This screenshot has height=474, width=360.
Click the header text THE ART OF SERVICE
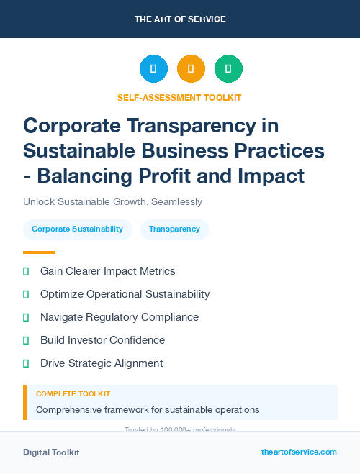pos(180,19)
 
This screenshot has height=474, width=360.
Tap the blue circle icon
pos(153,69)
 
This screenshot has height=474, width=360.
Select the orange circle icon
pos(191,69)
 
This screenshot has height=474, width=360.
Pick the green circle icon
pos(228,69)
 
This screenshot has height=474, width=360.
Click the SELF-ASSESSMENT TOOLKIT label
pos(179,97)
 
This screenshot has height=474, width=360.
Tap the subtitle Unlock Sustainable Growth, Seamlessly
pos(112,201)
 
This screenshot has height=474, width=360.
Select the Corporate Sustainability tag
pos(77,229)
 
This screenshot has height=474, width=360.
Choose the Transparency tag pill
pos(174,229)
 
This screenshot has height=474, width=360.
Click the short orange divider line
pos(39,252)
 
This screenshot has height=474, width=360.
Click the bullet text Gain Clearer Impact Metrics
pos(107,271)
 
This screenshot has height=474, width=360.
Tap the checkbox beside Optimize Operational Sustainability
pos(26,294)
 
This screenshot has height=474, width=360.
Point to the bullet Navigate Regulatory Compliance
pos(119,317)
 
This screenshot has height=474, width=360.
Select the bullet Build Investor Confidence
pos(102,340)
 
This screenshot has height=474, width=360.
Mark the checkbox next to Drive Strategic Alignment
pos(26,363)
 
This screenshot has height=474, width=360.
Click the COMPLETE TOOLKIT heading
pos(73,394)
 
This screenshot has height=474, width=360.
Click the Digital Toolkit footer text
pos(51,452)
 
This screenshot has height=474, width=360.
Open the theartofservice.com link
pos(299,452)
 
